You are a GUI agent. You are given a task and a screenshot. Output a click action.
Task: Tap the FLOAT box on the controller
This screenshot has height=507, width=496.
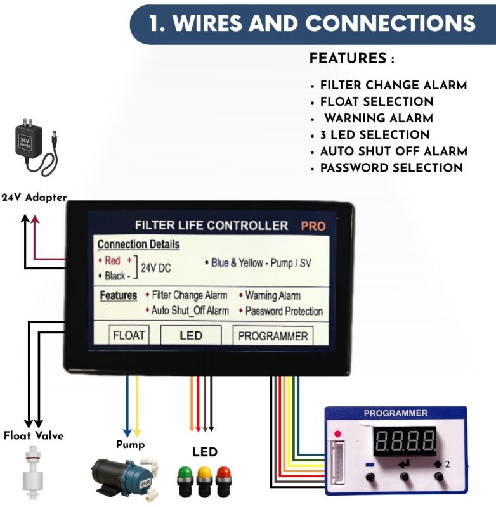pos(129,335)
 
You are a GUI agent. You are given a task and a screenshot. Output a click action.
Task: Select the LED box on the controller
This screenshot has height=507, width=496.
pos(190,335)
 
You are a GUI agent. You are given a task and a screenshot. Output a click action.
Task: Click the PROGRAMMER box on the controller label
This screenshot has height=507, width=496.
pos(273,336)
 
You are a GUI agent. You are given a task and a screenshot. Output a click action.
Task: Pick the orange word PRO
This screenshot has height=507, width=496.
pos(313,226)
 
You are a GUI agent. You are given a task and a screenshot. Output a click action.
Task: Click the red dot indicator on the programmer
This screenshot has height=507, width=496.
pos(337,433)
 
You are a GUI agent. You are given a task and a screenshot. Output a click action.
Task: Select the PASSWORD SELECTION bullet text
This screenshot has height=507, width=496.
pos(391,168)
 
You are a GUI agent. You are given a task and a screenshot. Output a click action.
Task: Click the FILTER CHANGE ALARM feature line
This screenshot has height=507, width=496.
pos(393,86)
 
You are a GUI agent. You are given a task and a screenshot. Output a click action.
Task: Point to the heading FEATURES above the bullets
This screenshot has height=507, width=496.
pos(348,60)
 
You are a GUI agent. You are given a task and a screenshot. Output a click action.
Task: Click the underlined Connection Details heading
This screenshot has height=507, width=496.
pos(138,245)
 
